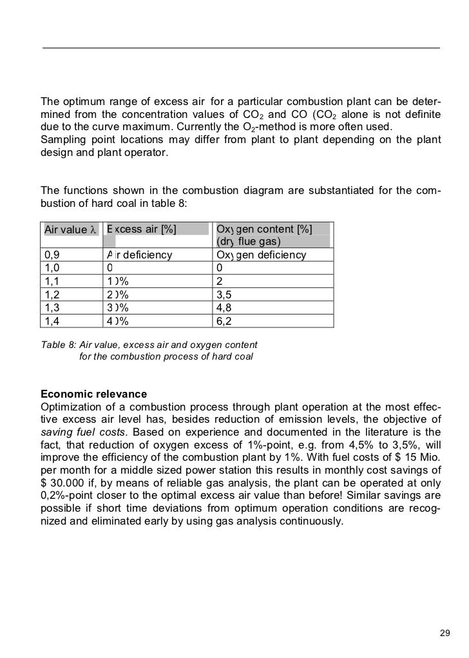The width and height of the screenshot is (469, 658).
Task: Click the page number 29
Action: click(x=443, y=632)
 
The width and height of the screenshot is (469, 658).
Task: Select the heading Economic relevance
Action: click(x=93, y=394)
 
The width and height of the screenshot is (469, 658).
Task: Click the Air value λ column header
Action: click(x=70, y=230)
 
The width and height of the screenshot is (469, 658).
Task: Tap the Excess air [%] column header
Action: click(x=142, y=229)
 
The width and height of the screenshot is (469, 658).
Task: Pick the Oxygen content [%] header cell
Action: click(x=264, y=229)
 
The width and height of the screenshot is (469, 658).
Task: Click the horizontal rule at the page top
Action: click(x=241, y=48)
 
